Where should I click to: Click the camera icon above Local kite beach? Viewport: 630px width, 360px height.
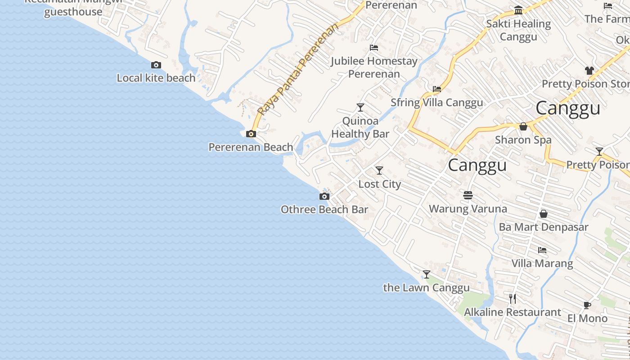(x=156, y=65)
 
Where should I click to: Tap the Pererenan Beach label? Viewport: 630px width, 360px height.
(x=251, y=147)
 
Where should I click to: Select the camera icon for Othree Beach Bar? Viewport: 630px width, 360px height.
(x=324, y=196)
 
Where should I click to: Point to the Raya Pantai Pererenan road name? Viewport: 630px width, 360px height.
(x=297, y=69)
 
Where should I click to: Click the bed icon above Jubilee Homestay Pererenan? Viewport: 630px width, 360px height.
(x=374, y=48)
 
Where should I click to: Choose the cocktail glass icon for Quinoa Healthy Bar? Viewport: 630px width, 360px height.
(x=360, y=108)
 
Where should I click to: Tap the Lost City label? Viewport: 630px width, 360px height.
(x=379, y=184)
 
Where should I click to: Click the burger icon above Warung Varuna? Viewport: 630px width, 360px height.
(x=468, y=195)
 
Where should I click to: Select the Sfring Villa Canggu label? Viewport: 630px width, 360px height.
(x=436, y=103)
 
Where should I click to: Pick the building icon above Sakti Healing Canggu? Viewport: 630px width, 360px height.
(x=518, y=10)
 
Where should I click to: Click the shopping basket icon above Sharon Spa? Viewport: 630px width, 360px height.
(x=523, y=127)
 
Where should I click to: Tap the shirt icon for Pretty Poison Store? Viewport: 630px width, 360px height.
(x=589, y=71)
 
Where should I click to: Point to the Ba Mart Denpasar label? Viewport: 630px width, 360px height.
(x=543, y=227)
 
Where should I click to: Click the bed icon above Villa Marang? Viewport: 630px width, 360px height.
(x=542, y=250)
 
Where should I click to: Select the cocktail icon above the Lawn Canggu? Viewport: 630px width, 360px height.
(x=427, y=274)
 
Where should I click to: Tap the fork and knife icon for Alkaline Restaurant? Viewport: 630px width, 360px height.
(x=513, y=298)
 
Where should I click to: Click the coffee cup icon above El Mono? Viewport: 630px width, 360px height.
(x=587, y=305)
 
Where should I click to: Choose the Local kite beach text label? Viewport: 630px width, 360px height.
(x=156, y=78)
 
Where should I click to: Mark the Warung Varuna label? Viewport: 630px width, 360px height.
(x=468, y=209)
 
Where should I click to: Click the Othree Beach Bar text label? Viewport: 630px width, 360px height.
(x=324, y=209)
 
